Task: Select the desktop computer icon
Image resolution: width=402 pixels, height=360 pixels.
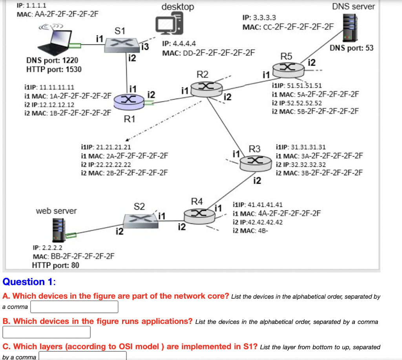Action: pyautogui.click(x=169, y=26)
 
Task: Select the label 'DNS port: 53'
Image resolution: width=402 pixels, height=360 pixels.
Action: pyautogui.click(x=351, y=48)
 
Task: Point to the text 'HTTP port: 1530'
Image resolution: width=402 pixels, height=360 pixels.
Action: pyautogui.click(x=53, y=69)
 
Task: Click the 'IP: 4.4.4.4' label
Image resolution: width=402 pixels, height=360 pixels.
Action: pyautogui.click(x=179, y=44)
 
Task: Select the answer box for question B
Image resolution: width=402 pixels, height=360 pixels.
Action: pyautogui.click(x=46, y=332)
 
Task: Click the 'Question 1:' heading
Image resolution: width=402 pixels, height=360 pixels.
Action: pyautogui.click(x=29, y=282)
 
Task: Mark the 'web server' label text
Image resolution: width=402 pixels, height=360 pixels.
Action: pyautogui.click(x=56, y=211)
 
